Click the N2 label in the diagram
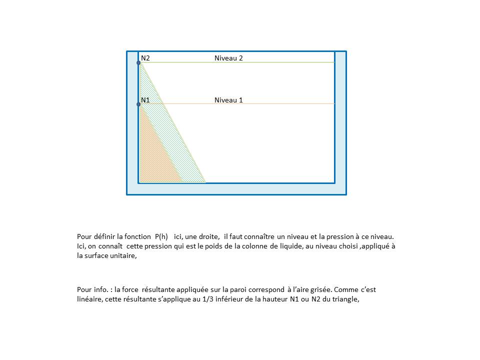point(145,58)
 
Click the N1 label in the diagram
point(145,100)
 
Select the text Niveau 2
point(228,58)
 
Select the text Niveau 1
point(228,100)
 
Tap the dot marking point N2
point(138,62)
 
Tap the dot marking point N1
point(138,104)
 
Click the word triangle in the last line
point(344,299)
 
